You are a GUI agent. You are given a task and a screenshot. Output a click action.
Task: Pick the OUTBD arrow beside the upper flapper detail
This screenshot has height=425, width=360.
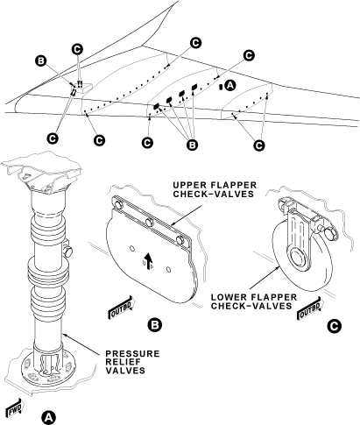click(120, 308)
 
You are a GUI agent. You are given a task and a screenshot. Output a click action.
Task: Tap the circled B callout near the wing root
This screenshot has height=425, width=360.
click(40, 61)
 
